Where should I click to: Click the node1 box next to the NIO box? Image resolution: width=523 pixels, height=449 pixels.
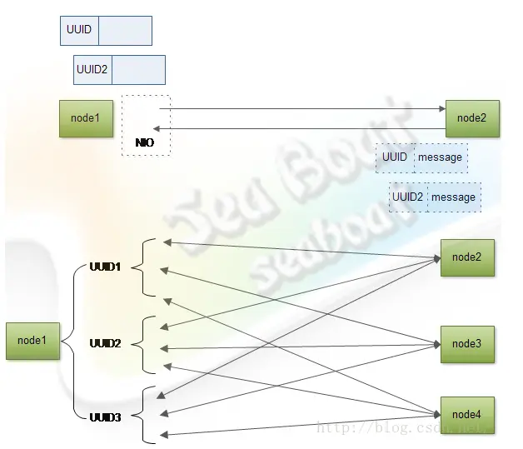pyautogui.click(x=85, y=118)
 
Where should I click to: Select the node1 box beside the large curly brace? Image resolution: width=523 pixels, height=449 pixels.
pyautogui.click(x=32, y=340)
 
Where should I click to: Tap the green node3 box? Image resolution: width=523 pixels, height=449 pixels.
pyautogui.click(x=466, y=344)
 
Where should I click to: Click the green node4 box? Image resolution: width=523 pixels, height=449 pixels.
pyautogui.click(x=466, y=414)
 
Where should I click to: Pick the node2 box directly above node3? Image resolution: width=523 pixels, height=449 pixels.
pyautogui.click(x=466, y=257)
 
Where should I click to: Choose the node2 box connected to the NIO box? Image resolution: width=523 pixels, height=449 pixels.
pyautogui.click(x=471, y=118)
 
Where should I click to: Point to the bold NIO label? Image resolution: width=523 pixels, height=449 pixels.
pyautogui.click(x=145, y=142)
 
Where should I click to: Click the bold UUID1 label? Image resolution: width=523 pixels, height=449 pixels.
pyautogui.click(x=105, y=267)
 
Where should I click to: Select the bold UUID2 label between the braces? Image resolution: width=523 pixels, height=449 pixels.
pyautogui.click(x=105, y=343)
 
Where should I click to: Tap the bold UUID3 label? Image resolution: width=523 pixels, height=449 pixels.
pyautogui.click(x=105, y=417)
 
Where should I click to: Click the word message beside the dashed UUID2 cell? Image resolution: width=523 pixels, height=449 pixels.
pyautogui.click(x=453, y=197)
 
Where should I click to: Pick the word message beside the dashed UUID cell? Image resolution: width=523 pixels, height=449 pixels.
pyautogui.click(x=440, y=157)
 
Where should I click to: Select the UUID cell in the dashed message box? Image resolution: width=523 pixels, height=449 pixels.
pyautogui.click(x=395, y=157)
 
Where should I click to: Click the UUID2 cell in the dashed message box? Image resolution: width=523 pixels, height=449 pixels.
pyautogui.click(x=408, y=197)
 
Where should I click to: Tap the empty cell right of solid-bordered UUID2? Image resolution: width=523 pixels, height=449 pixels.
pyautogui.click(x=138, y=70)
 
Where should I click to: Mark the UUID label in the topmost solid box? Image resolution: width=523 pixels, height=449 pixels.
pyautogui.click(x=79, y=30)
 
